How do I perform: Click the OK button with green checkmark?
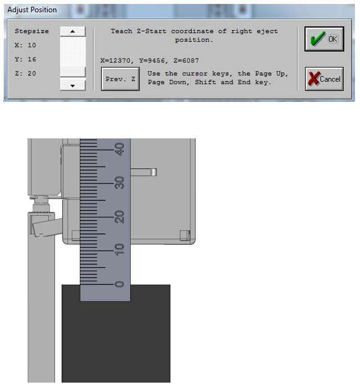click(324, 39)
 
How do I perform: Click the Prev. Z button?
click(120, 79)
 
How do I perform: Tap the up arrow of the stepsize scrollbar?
click(73, 32)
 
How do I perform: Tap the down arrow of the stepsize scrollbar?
click(73, 86)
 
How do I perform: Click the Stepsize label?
click(31, 32)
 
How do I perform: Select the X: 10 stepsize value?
click(25, 45)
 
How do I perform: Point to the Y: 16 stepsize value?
click(25, 59)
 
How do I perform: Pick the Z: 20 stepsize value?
click(25, 73)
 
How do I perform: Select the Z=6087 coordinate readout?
click(186, 61)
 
